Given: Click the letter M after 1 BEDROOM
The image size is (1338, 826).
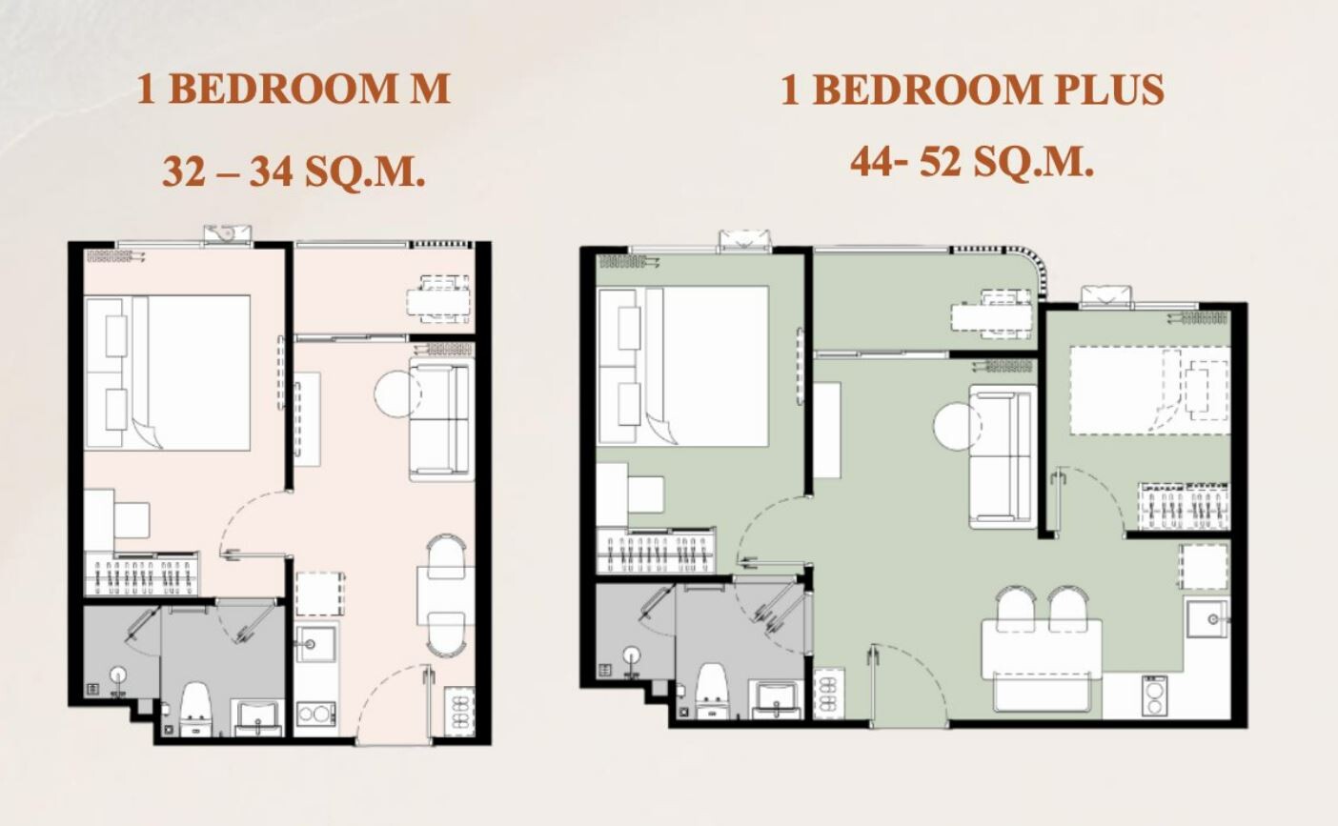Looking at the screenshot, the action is (x=428, y=89).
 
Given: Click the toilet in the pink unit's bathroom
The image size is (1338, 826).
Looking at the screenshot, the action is (x=196, y=709).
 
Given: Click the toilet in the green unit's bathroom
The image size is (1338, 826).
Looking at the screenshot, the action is (x=712, y=691).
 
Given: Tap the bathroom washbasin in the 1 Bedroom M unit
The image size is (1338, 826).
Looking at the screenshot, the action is (x=257, y=718).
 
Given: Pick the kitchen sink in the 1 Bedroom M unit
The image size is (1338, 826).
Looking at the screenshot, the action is (x=315, y=643).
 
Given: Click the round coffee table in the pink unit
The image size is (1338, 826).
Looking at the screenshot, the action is (x=397, y=394).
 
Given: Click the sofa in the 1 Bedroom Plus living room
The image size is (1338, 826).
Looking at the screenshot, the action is (x=1003, y=457).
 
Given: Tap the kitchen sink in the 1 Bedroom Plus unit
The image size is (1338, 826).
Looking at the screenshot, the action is (x=1207, y=618).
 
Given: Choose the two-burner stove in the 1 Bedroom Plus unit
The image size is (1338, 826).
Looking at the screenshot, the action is (x=1155, y=695).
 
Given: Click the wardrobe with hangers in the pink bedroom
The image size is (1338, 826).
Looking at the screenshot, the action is (x=141, y=574).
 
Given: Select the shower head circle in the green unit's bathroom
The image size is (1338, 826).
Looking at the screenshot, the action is (x=632, y=655).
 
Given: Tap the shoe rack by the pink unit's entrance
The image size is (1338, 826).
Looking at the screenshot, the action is (x=459, y=711).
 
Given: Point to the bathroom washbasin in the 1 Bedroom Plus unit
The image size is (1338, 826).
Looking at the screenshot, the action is (x=776, y=700).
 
